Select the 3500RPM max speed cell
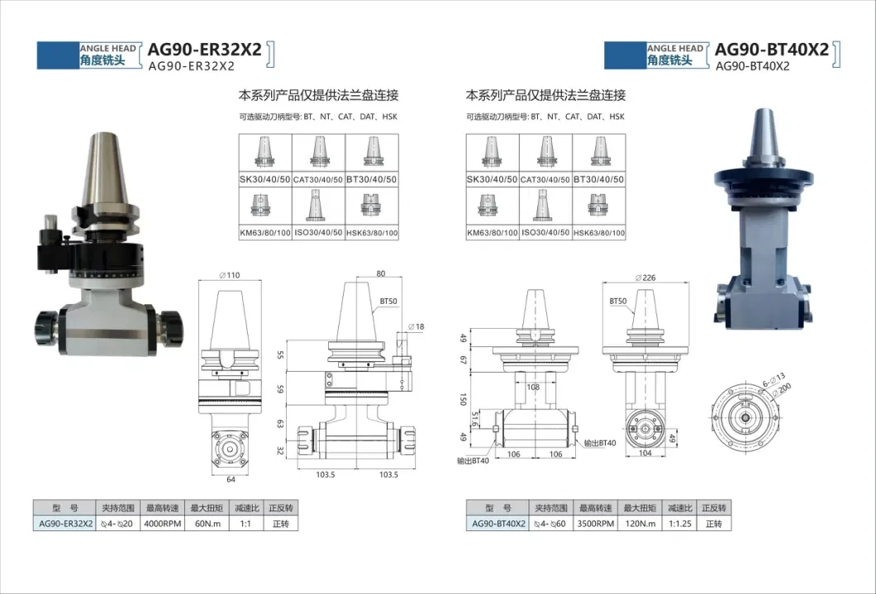tap(595, 523)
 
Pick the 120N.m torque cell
tap(640, 523)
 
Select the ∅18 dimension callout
tap(420, 327)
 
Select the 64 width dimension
tap(231, 478)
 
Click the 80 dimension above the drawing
tap(381, 273)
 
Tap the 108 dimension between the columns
tap(533, 387)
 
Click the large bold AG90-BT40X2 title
tap(771, 50)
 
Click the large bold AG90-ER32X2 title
tap(203, 50)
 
